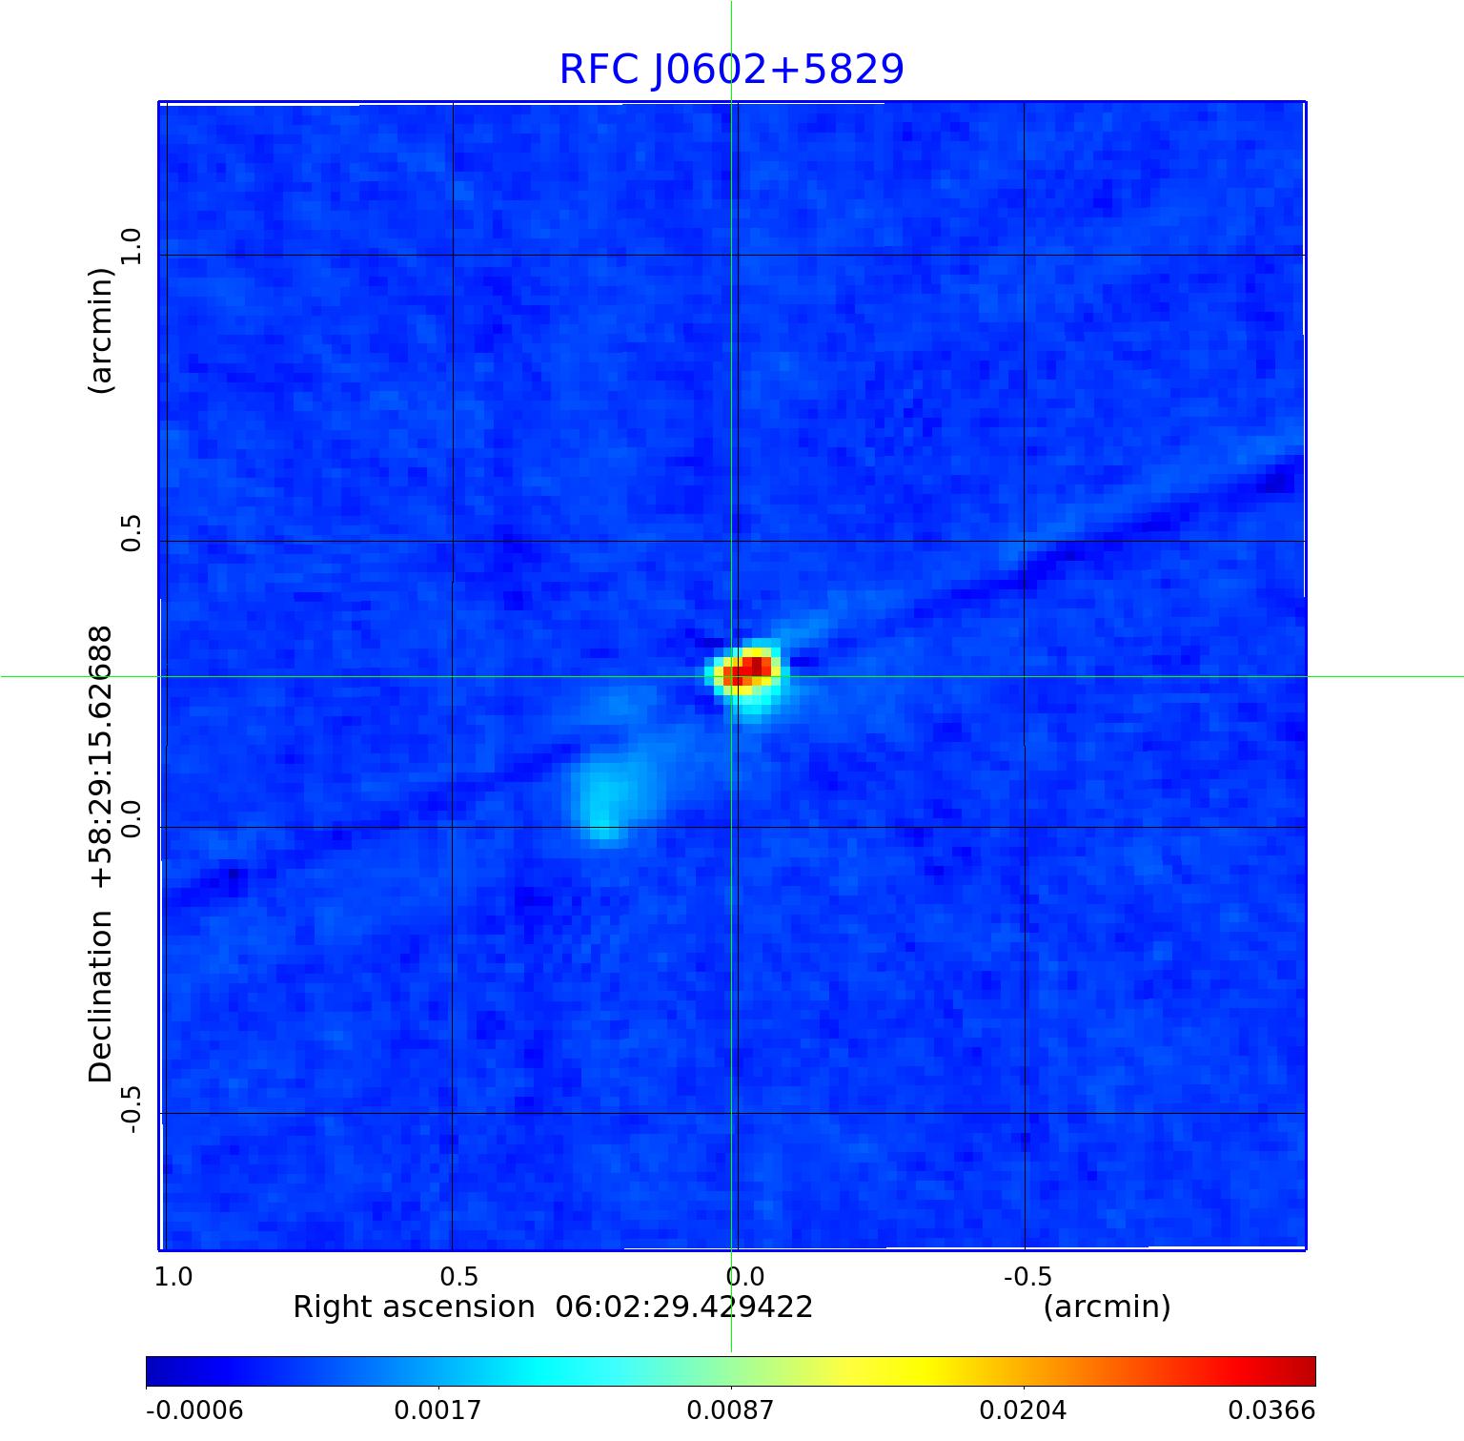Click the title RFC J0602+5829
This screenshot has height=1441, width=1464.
coord(731,70)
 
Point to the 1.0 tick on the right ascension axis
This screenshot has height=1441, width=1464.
coord(173,1276)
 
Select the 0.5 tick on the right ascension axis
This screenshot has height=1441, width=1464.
coord(458,1276)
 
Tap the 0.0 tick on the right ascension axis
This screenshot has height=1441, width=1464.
coord(744,1276)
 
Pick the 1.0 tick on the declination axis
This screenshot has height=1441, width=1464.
coord(131,246)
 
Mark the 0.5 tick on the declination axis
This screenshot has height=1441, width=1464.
coord(131,532)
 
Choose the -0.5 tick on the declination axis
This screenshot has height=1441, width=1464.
coord(131,1109)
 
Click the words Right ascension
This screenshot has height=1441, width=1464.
coord(414,1307)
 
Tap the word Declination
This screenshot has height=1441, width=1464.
coord(101,997)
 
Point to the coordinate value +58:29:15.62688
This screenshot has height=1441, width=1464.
coord(101,761)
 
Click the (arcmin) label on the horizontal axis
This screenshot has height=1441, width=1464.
coord(1107,1307)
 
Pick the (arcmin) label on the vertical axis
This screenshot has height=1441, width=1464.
coord(101,330)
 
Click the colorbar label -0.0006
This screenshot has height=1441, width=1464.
coord(194,1410)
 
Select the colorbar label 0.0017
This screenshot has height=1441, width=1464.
coord(438,1410)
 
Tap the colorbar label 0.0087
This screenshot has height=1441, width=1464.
coord(731,1410)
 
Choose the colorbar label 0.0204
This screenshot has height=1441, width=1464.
coord(1024,1410)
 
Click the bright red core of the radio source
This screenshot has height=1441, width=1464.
coord(749,669)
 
